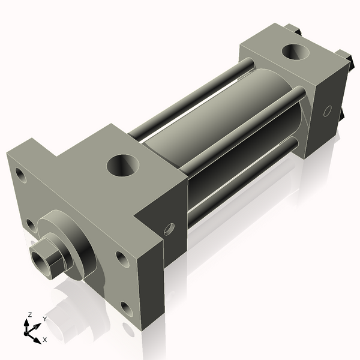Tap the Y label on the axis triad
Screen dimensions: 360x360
tap(44, 319)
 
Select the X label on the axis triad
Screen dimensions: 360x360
tap(44, 340)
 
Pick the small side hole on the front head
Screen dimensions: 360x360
tap(169, 228)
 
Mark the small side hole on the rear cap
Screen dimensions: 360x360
tap(327, 111)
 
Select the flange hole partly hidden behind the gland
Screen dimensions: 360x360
tap(31, 225)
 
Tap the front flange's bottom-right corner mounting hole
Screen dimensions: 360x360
tap(126, 309)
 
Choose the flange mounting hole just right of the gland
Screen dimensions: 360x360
tap(122, 259)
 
